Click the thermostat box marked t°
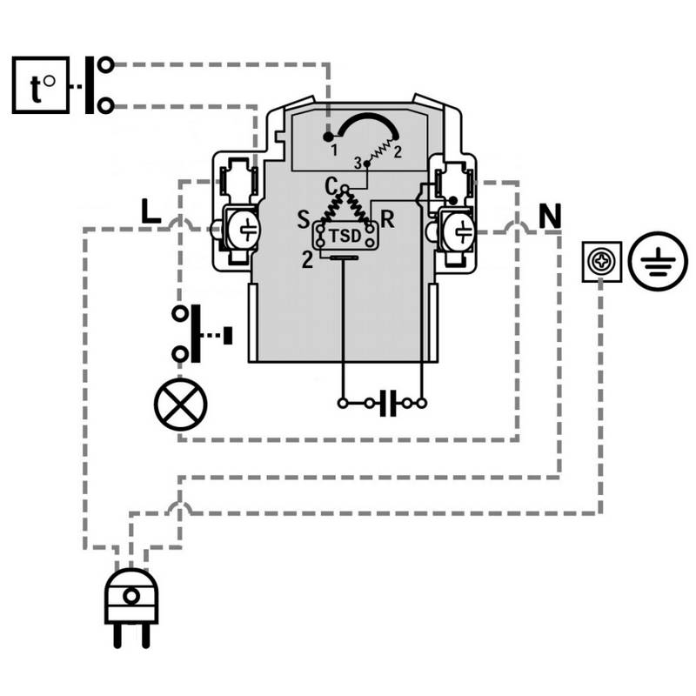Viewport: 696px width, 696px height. [40, 84]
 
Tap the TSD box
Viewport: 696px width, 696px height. [345, 235]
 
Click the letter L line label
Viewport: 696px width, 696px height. [151, 211]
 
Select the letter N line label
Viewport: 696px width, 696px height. [549, 216]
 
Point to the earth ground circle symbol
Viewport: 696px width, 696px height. [652, 261]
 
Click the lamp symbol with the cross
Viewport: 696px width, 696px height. [181, 404]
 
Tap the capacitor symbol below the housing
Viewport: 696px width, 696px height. [389, 403]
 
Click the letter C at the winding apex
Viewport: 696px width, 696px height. [331, 184]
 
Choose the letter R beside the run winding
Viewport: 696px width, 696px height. [387, 218]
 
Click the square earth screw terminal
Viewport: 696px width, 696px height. [601, 261]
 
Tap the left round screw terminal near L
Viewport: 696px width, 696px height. [244, 229]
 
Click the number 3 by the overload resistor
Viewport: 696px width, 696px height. [358, 163]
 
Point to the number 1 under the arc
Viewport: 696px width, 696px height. [333, 151]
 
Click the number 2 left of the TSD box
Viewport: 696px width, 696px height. [307, 258]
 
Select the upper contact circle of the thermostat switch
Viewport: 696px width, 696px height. [106, 65]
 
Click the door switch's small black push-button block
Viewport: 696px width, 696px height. [228, 334]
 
